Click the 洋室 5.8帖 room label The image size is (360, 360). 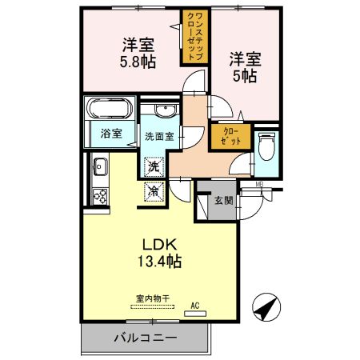click(x=138, y=54)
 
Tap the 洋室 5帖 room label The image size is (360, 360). click(x=245, y=67)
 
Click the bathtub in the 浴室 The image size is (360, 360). click(x=110, y=108)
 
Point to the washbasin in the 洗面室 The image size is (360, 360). click(x=166, y=110)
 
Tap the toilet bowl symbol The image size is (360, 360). click(x=266, y=146)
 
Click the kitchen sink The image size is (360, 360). click(x=100, y=166)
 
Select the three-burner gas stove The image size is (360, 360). click(x=100, y=197)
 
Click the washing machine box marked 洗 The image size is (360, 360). click(x=154, y=167)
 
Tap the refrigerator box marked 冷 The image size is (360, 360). click(x=154, y=191)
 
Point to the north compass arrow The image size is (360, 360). click(x=266, y=307)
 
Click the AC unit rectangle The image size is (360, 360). click(x=195, y=314)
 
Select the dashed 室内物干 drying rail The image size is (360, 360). click(x=153, y=307)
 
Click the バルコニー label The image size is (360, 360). click(x=146, y=338)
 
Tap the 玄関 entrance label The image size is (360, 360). click(x=224, y=200)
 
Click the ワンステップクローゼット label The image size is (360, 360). click(x=195, y=36)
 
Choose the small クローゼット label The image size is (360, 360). click(x=231, y=136)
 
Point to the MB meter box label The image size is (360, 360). click(x=259, y=184)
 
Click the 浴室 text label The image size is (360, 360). click(x=111, y=134)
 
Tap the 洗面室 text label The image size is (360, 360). click(x=159, y=137)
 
